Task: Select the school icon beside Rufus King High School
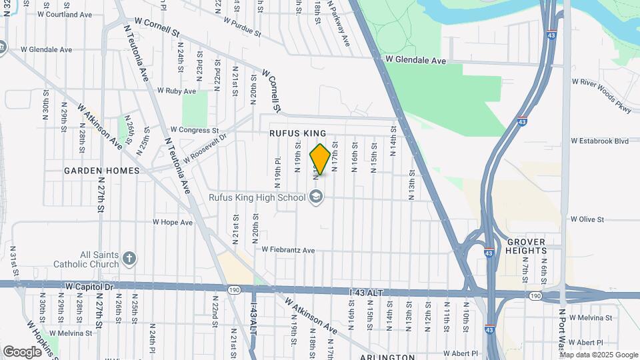[x=315, y=197]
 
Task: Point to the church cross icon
[x=130, y=258]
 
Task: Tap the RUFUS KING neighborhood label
[x=298, y=133]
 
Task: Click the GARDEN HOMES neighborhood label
[x=102, y=171]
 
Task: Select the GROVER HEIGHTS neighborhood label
[x=527, y=245]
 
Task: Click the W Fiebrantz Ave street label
[x=288, y=250]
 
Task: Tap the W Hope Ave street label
[x=173, y=222]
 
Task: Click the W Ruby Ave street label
[x=177, y=91]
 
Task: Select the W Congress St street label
[x=195, y=130]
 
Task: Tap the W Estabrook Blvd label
[x=600, y=141]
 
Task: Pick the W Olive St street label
[x=587, y=219]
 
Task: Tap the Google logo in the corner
[x=21, y=351]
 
